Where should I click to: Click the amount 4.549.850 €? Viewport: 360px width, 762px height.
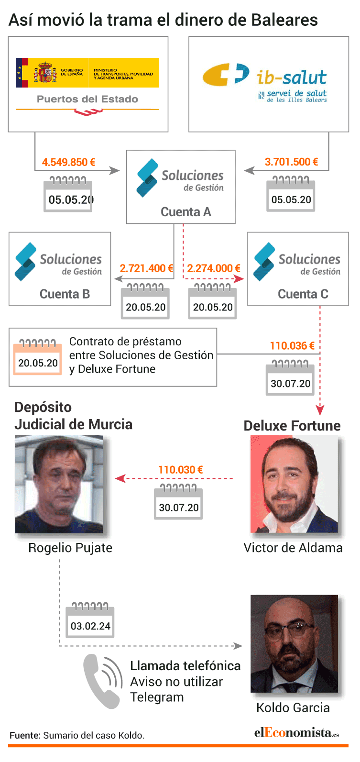[x=68, y=162]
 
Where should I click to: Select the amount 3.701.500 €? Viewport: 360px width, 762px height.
[x=291, y=162]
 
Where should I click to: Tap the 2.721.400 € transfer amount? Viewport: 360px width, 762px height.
[x=146, y=268]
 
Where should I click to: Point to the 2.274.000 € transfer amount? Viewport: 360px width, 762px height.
[x=214, y=268]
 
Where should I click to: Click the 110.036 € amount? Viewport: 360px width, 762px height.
[x=292, y=346]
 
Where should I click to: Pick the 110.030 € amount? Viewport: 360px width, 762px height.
[x=181, y=470]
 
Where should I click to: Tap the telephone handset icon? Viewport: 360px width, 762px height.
[x=103, y=681]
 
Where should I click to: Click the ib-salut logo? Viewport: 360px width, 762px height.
[x=265, y=83]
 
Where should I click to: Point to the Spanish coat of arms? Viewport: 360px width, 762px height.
[x=45, y=72]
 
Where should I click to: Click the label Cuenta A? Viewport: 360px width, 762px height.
[x=186, y=211]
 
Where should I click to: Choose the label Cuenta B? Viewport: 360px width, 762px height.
[x=65, y=294]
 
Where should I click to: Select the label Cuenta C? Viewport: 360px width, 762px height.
[x=303, y=294]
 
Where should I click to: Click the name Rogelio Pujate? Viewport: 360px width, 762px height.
[x=70, y=548]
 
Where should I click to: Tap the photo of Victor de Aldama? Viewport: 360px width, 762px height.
[x=295, y=484]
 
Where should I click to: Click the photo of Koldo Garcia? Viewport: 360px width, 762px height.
[x=295, y=644]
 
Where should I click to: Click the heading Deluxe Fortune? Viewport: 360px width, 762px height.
[x=292, y=426]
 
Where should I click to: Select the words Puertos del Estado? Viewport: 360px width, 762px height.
[x=87, y=99]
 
